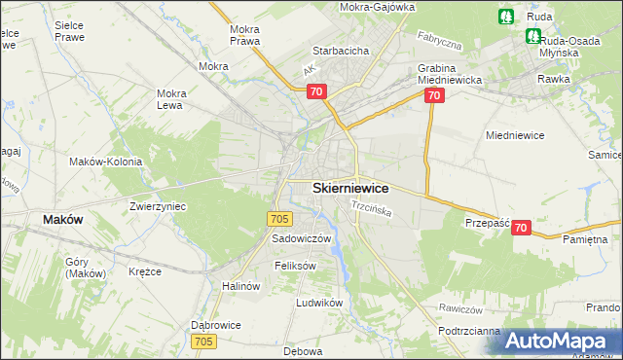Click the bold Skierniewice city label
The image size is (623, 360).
coord(350,188)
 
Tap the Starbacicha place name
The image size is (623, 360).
coord(338,50)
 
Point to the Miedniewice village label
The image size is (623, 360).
coord(519,136)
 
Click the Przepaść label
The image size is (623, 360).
coord(488,223)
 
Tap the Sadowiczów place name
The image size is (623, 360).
coord(302,238)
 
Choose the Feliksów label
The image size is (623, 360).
coord(297,266)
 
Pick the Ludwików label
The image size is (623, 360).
coord(320,303)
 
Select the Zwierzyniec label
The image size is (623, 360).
coord(158,206)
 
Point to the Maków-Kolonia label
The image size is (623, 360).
coord(106,162)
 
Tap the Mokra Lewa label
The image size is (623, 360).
coord(171,100)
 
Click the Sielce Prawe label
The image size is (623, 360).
coord(69,30)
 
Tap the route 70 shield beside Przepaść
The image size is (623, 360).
coord(521,228)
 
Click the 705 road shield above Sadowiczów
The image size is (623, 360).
coord(279,220)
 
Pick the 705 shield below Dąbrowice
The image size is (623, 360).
coord(203,342)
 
